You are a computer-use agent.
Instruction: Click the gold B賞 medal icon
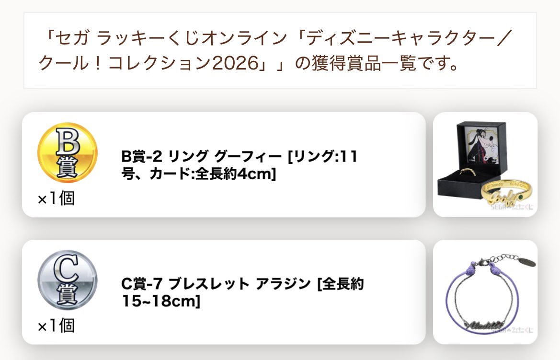tap(67, 152)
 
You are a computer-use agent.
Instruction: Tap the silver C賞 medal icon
tap(67, 280)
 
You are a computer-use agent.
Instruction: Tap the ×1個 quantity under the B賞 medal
tap(56, 198)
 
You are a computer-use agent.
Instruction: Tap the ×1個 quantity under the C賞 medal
tap(56, 326)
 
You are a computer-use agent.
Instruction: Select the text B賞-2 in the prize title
tap(139, 157)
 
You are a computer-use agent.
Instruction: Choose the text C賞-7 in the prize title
tap(139, 284)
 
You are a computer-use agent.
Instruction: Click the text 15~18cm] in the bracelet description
tap(160, 302)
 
